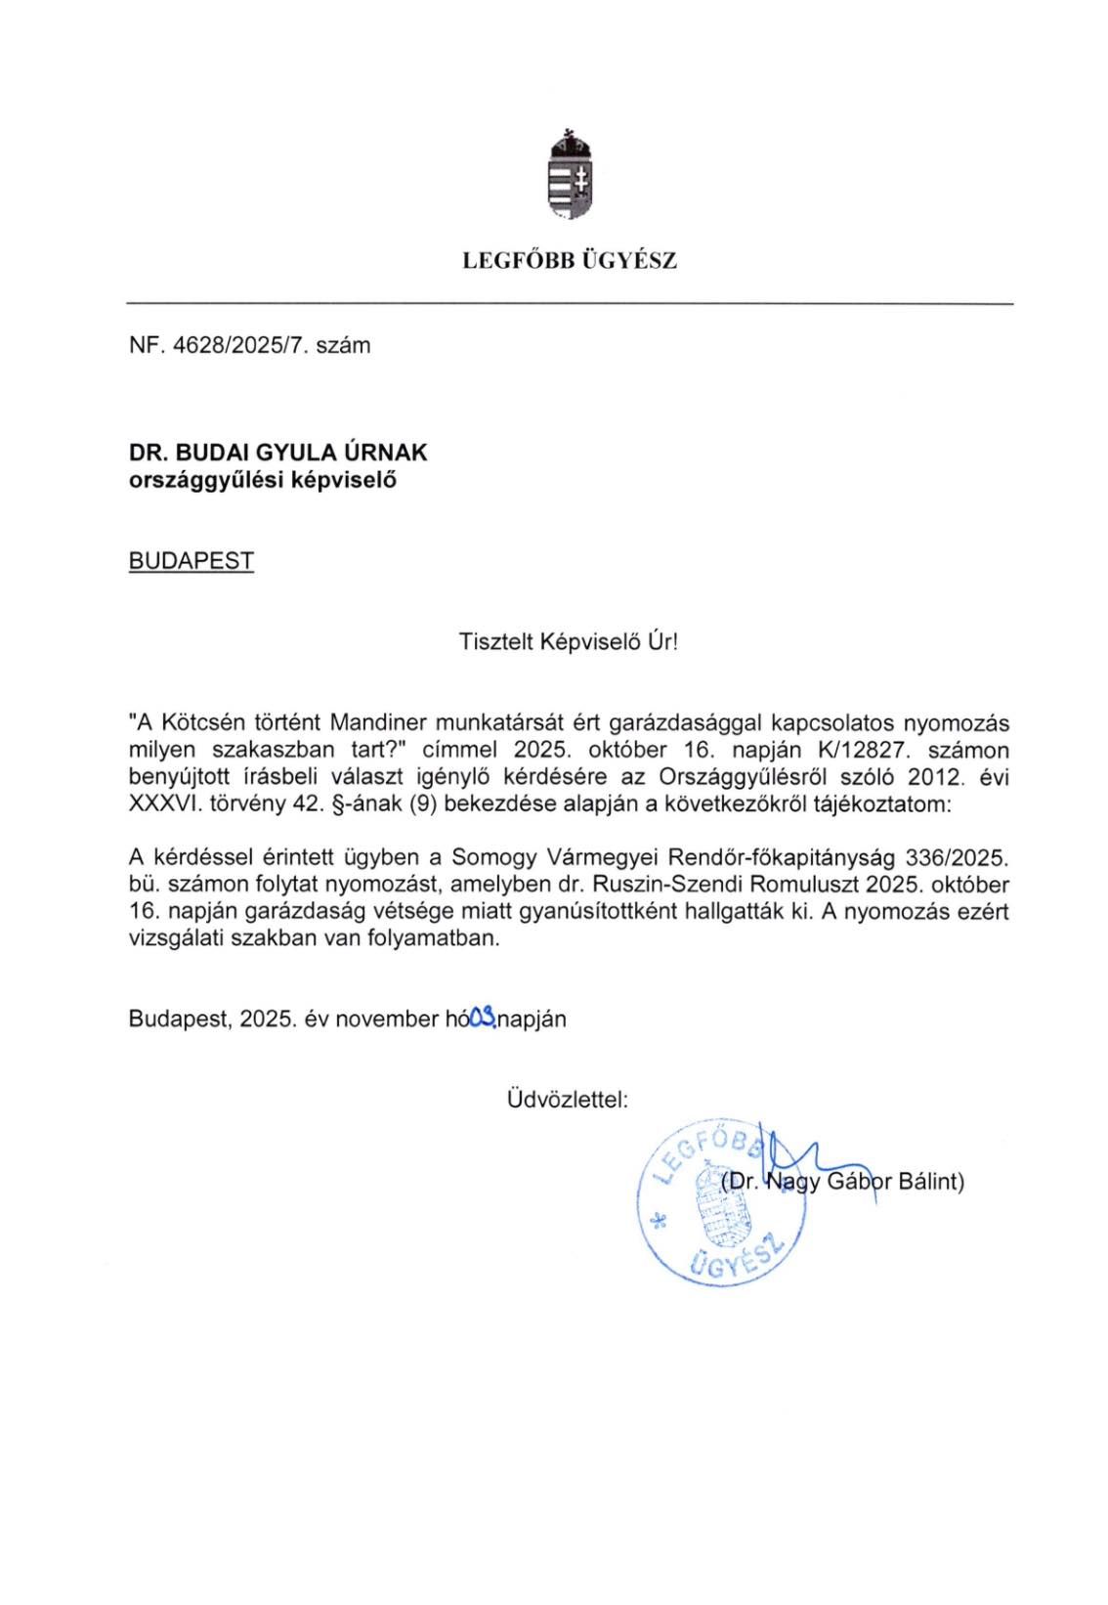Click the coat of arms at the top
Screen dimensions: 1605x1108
[571, 176]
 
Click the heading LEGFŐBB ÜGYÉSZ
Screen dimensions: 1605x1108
[570, 262]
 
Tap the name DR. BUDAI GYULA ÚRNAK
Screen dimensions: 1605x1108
[278, 454]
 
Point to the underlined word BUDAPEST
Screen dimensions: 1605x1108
[192, 562]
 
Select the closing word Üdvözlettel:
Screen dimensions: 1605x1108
[568, 1100]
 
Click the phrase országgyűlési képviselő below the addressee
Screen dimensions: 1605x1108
[263, 480]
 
